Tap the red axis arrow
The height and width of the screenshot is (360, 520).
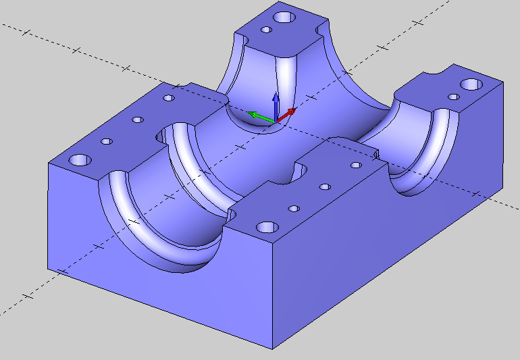288,113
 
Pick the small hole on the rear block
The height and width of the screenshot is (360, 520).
267,30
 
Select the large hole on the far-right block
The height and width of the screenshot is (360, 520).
471,85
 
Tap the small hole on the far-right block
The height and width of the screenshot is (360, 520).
454,97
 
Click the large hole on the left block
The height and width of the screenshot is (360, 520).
80,161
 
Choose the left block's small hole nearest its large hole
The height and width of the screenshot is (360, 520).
106,142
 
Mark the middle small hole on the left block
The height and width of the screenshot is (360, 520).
138,120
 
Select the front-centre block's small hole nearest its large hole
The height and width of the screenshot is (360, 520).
294,208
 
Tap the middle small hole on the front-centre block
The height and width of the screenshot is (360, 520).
325,186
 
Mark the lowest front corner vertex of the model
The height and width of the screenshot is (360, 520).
273,349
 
